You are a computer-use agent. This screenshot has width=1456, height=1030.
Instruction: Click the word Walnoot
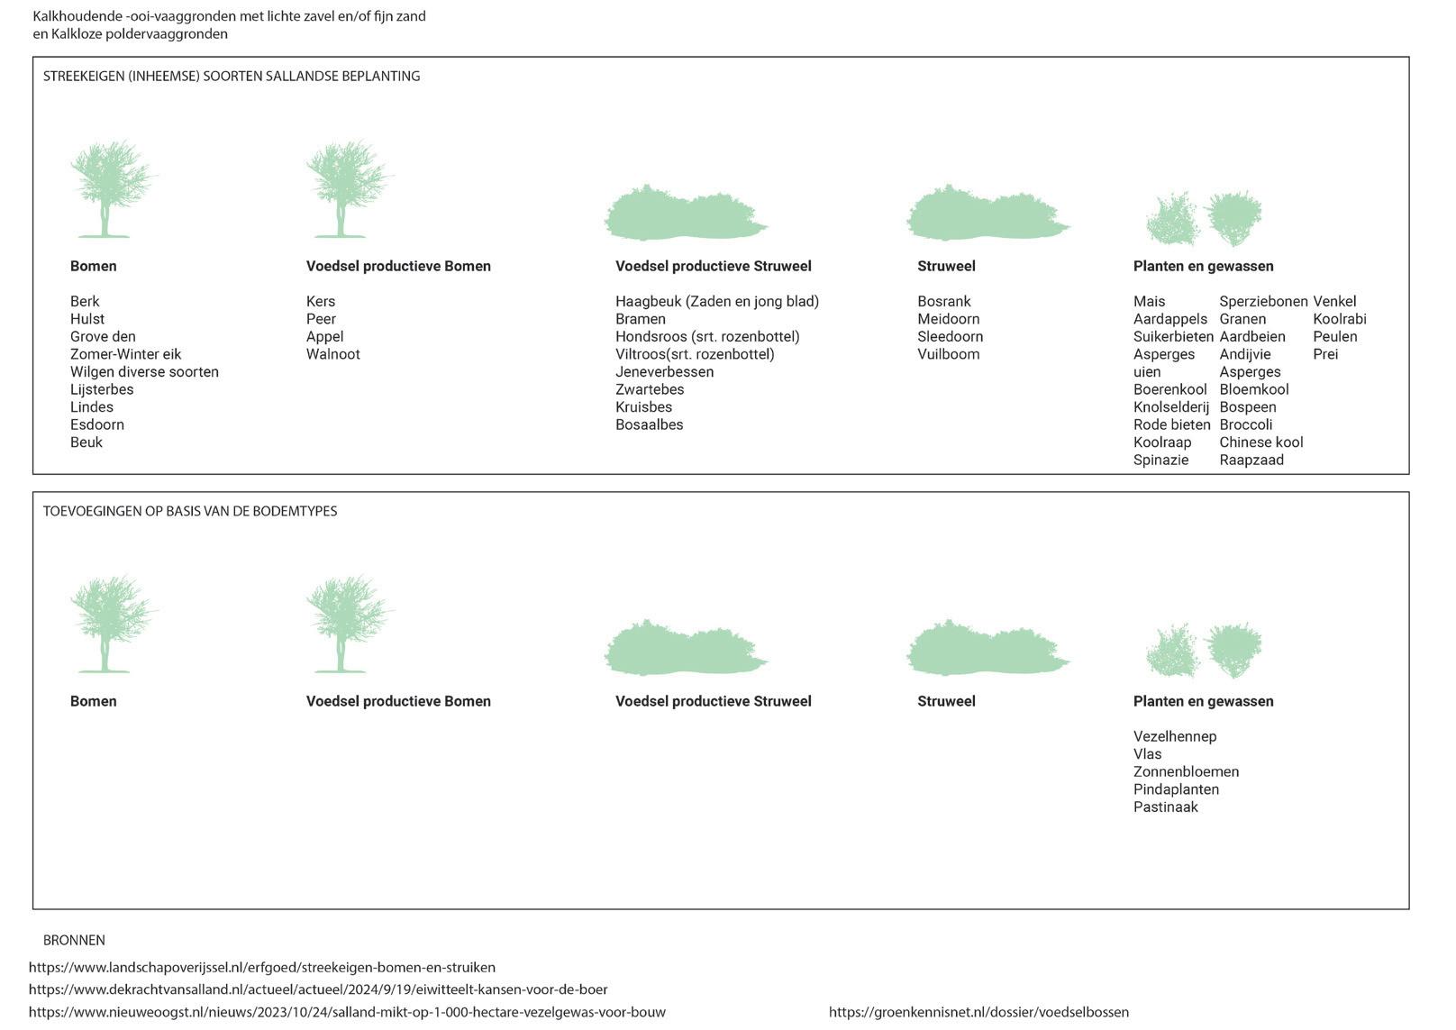[x=332, y=354]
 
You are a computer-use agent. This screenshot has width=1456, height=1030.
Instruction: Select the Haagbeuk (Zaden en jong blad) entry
[x=716, y=301]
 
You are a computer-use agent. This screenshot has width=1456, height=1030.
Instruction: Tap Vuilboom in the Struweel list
[x=948, y=354]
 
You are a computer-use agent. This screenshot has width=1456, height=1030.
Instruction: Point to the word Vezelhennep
[x=1174, y=736]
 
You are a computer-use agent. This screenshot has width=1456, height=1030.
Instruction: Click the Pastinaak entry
[x=1165, y=807]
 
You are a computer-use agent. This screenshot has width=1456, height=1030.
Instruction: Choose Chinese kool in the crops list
[x=1260, y=442]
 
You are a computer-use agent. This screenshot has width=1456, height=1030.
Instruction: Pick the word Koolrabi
[x=1339, y=319]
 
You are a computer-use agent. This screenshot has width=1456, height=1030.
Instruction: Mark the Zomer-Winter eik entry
[x=125, y=354]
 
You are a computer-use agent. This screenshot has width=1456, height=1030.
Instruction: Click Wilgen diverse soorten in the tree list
[x=144, y=372]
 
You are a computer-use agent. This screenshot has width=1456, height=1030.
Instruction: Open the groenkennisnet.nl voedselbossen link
[x=978, y=1012]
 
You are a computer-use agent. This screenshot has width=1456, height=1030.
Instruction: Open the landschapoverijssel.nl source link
[x=261, y=967]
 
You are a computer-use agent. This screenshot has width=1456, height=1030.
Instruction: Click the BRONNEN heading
[x=74, y=940]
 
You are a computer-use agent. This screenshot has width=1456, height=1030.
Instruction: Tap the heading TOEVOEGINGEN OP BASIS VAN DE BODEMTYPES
[x=190, y=511]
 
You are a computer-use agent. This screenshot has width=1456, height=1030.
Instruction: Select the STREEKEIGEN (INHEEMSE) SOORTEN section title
[x=232, y=77]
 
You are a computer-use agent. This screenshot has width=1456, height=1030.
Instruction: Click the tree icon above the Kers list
[x=345, y=188]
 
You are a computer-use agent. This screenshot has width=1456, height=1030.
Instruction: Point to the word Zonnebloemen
[x=1186, y=771]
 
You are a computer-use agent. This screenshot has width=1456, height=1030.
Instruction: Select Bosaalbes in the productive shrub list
[x=649, y=424]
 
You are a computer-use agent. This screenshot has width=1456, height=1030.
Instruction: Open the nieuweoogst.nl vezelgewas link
[x=347, y=1012]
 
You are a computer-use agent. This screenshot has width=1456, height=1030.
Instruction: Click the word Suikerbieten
[x=1172, y=337]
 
